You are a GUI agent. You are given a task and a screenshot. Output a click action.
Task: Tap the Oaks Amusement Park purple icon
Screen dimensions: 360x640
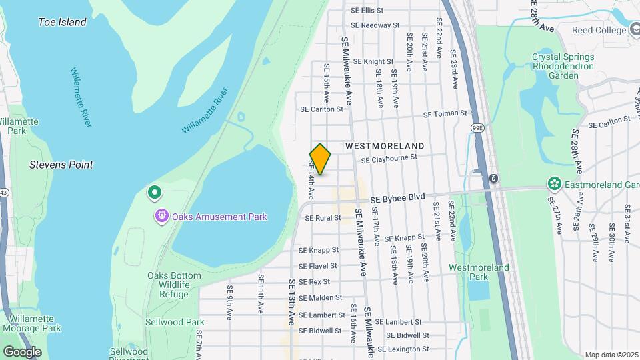(x=162, y=216)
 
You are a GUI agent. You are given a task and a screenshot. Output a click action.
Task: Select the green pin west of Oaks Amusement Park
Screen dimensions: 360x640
(x=155, y=193)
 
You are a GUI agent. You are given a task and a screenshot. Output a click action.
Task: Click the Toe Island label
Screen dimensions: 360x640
(x=63, y=22)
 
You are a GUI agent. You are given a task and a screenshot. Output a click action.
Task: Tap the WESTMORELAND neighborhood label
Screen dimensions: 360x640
(x=385, y=145)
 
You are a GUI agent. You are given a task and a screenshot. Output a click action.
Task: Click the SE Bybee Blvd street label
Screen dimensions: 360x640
(x=397, y=198)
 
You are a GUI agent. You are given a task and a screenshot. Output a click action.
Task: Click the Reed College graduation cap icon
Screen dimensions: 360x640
(x=636, y=30)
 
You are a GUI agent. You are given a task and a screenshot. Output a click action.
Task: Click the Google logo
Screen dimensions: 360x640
(x=22, y=351)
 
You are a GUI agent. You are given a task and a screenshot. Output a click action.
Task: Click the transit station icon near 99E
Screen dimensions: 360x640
(x=493, y=178)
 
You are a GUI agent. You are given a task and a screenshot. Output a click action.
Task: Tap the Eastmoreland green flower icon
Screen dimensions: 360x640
(x=553, y=183)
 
